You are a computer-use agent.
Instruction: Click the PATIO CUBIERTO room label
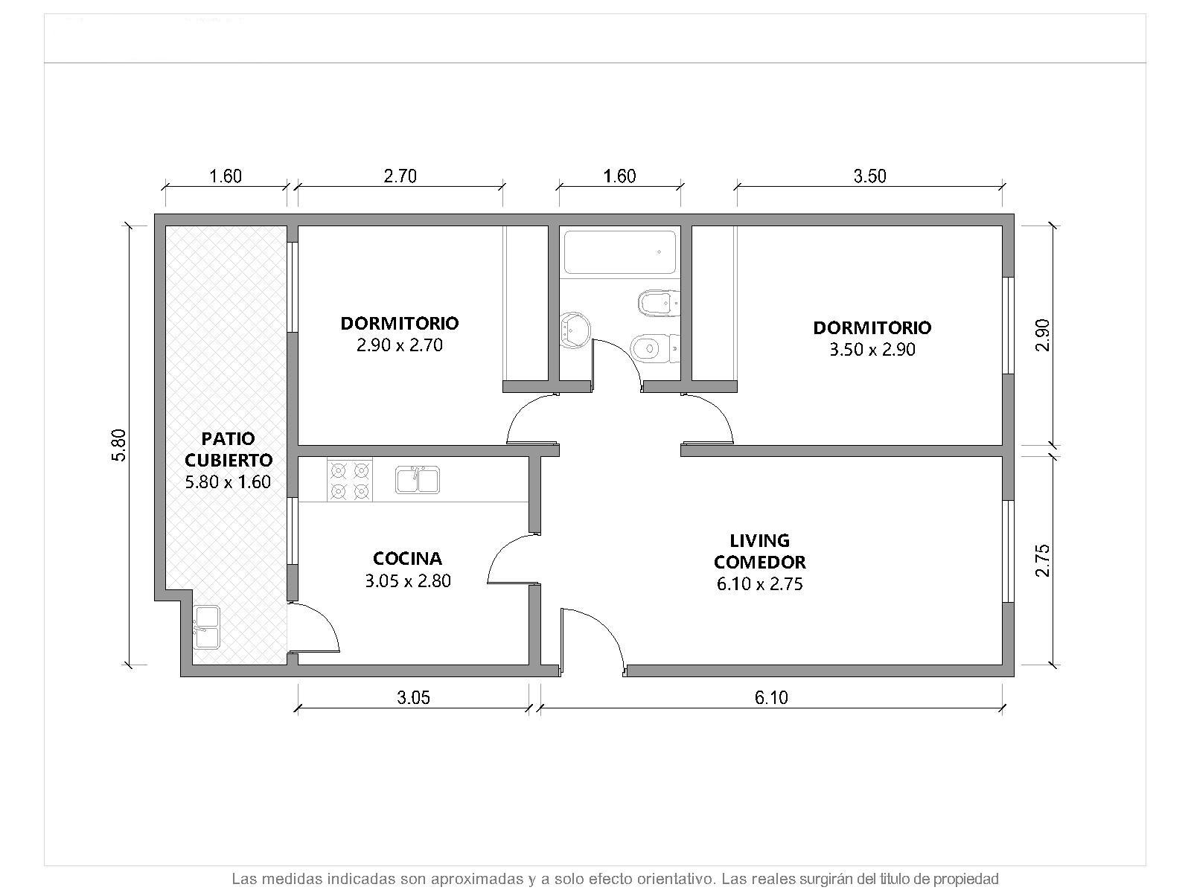(x=228, y=449)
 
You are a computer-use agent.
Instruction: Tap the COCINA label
(x=407, y=558)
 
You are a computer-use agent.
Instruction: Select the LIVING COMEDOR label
(x=760, y=551)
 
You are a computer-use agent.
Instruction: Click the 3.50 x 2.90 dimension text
(x=872, y=349)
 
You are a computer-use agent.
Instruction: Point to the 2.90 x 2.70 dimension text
(x=399, y=345)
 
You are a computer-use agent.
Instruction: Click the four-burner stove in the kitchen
(x=349, y=481)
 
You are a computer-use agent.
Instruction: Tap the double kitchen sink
(x=418, y=480)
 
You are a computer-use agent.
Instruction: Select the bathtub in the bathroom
(x=619, y=252)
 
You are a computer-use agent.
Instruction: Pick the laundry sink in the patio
(x=207, y=627)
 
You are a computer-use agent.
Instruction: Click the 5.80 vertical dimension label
(x=119, y=445)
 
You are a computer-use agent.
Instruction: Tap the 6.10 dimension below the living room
(x=771, y=697)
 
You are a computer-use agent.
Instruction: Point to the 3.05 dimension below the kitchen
(x=413, y=697)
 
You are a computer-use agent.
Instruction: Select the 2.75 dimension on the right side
(x=1043, y=560)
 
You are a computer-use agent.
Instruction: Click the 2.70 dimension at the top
(x=400, y=176)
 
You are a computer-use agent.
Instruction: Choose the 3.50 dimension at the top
(x=869, y=176)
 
